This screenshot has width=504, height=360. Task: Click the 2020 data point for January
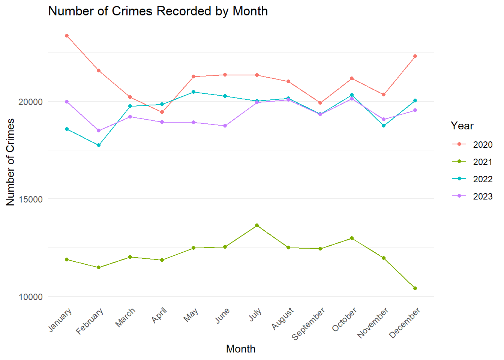coord(67,36)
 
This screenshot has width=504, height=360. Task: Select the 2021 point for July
coord(257,225)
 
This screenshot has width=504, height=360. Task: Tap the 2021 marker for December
coord(415,288)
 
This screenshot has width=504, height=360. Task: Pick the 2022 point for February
coord(99,145)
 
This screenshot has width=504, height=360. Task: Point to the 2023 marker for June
coord(225,126)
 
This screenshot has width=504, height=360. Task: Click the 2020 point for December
coord(415,56)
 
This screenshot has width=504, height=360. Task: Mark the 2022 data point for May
coord(193,92)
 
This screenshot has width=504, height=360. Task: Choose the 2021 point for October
coord(352,238)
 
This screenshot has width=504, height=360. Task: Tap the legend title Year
coord(462,126)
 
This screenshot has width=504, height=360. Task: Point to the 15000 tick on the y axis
coord(31,199)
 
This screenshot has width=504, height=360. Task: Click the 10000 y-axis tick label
coord(31,297)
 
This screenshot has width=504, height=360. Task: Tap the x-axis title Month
coord(241,349)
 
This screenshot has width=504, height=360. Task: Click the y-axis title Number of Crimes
coord(10,162)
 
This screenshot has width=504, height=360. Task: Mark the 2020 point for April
coord(162,112)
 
